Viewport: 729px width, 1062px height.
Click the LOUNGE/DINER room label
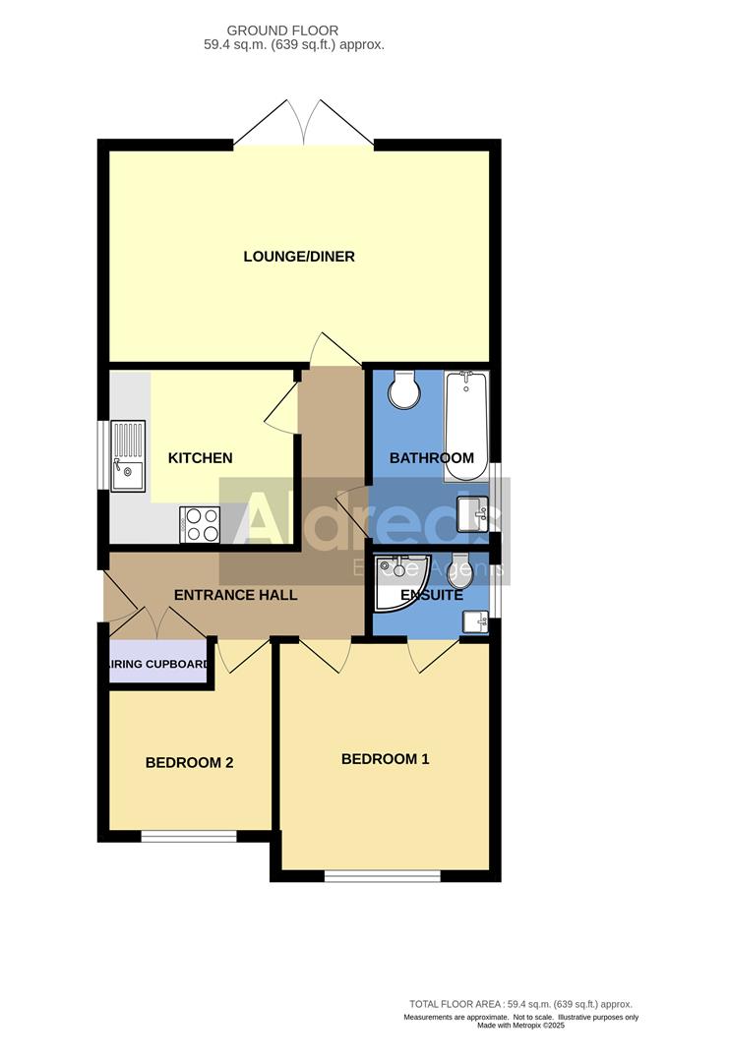[299, 257]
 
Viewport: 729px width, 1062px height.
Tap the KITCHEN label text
[201, 457]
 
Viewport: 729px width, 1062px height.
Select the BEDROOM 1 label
[385, 759]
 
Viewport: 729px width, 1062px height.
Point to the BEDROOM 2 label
[189, 762]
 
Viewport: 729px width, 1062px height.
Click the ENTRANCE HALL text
[235, 595]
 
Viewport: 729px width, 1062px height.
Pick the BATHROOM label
[432, 457]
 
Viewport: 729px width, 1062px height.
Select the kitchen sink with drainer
[128, 454]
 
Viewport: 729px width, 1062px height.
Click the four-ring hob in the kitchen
[201, 523]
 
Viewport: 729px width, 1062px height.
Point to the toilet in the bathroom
[404, 389]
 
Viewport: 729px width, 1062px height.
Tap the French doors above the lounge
[304, 123]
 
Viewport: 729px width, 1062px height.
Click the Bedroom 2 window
[189, 837]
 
